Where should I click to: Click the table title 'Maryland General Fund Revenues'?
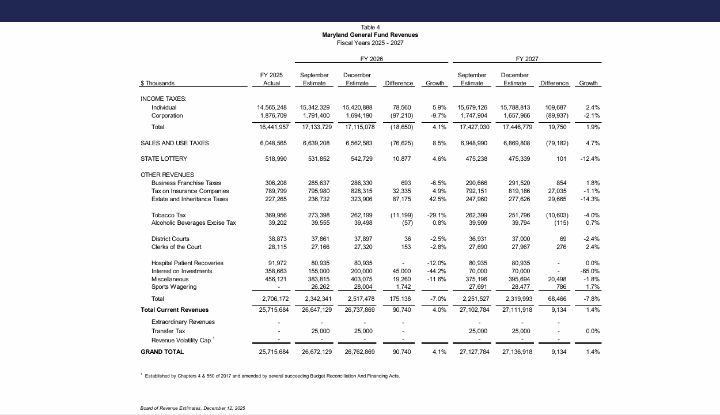pyautogui.click(x=370, y=35)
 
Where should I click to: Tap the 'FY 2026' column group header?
pyautogui.click(x=372, y=59)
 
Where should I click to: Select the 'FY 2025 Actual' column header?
pyautogui.click(x=271, y=79)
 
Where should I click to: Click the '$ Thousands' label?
pyautogui.click(x=157, y=84)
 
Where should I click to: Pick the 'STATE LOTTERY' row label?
pyautogui.click(x=164, y=159)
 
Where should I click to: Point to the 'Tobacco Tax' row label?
pyautogui.click(x=168, y=215)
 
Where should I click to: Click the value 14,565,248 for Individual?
pyautogui.click(x=272, y=108)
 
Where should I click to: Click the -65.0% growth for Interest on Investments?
pyautogui.click(x=590, y=271)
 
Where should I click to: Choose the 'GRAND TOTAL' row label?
pyautogui.click(x=162, y=352)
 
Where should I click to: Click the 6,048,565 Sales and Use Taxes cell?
pyautogui.click(x=272, y=144)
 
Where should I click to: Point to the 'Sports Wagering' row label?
pyautogui.click(x=174, y=287)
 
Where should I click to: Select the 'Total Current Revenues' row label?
pyautogui.click(x=175, y=310)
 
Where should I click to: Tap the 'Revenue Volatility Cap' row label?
pyautogui.click(x=181, y=341)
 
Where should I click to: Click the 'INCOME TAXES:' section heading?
pyautogui.click(x=164, y=99)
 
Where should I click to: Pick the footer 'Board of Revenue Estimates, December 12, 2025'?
pyautogui.click(x=192, y=409)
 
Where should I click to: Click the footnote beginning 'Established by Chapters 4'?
pyautogui.click(x=272, y=376)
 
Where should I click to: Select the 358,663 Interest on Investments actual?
pyautogui.click(x=275, y=271)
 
